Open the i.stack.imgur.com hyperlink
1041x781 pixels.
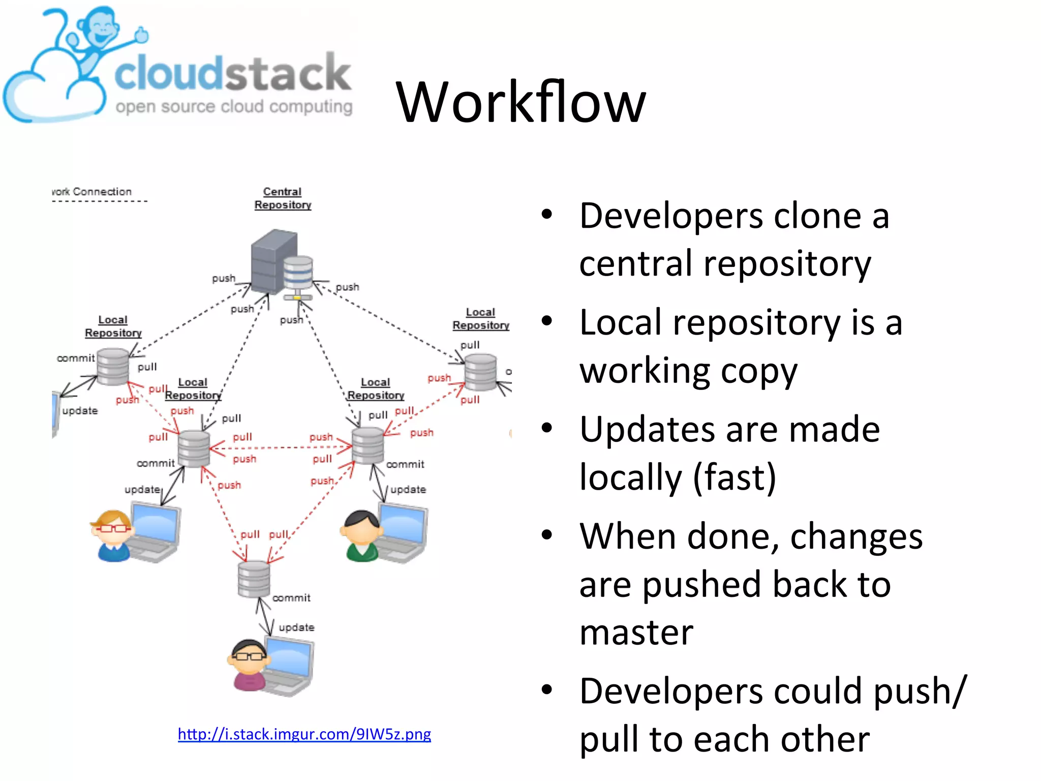click(x=304, y=734)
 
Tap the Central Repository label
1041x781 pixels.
click(x=283, y=198)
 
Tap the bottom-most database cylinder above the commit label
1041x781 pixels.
click(x=254, y=580)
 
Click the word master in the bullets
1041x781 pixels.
click(x=636, y=633)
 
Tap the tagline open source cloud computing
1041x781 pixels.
click(x=234, y=107)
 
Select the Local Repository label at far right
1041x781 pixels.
click(x=480, y=319)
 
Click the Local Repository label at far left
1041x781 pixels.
click(x=113, y=326)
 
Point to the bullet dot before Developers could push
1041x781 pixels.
click(x=546, y=690)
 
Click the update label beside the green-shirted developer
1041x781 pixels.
click(x=408, y=489)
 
